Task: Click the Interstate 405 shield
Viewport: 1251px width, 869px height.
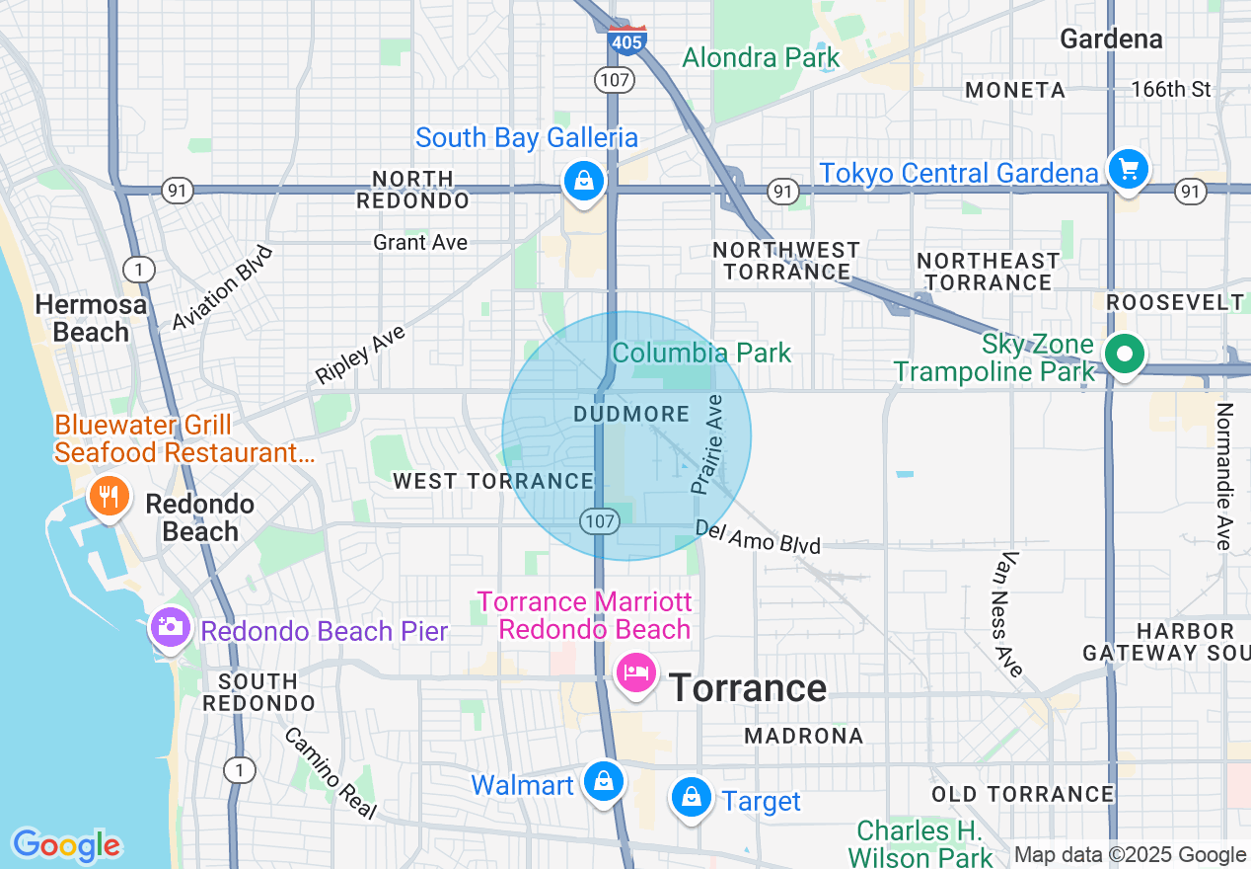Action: pos(626,40)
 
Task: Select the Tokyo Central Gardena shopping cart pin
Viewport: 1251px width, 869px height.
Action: pos(1128,169)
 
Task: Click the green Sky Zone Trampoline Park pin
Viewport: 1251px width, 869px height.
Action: pos(1123,353)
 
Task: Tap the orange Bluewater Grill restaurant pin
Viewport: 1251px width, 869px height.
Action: pos(109,494)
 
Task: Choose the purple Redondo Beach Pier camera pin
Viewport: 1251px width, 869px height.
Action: pos(170,627)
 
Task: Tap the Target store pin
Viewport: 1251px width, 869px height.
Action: pos(691,796)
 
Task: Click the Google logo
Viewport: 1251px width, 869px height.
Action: pos(66,845)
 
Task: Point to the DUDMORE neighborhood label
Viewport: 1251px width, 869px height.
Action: pos(631,414)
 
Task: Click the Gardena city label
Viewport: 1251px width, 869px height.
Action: pos(1111,39)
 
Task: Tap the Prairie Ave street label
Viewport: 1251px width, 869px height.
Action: pos(707,444)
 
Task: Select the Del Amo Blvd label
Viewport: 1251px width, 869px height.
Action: pos(757,536)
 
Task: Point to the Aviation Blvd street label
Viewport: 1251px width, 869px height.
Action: pos(222,288)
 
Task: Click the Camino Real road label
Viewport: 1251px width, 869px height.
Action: pos(331,773)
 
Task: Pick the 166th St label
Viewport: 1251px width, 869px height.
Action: pos(1170,89)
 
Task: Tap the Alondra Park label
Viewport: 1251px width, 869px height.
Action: pos(761,57)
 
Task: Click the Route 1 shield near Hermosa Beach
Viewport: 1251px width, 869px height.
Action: pos(139,269)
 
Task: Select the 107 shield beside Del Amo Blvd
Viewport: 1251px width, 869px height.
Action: pos(600,519)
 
